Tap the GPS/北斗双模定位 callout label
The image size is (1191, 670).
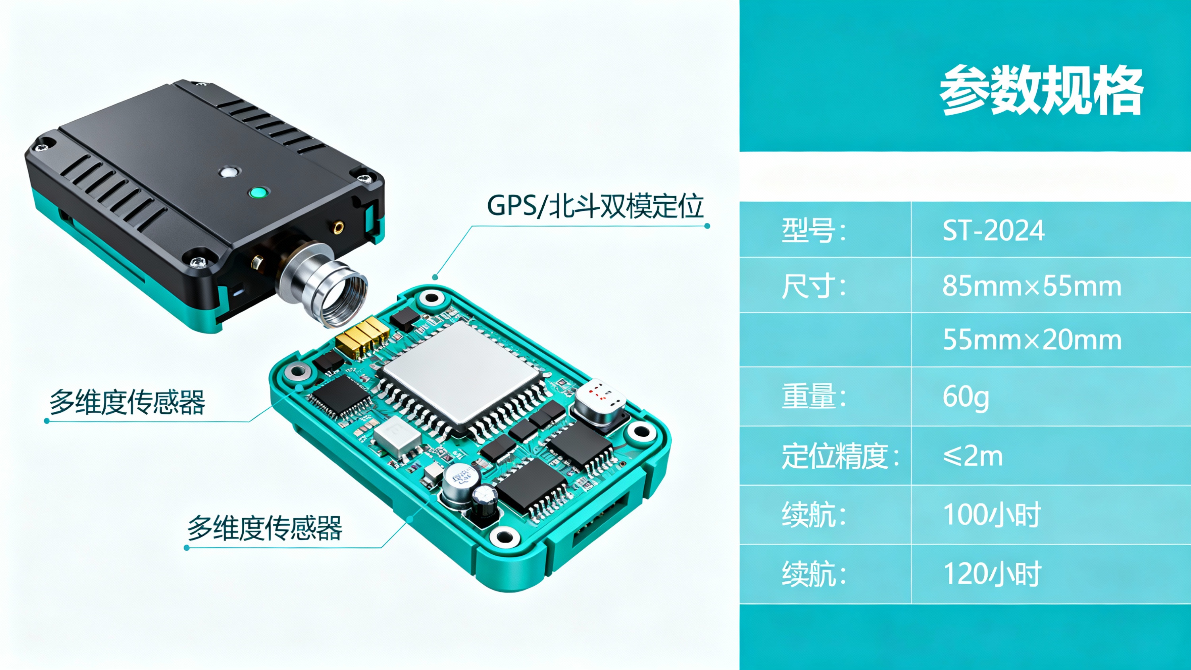click(595, 206)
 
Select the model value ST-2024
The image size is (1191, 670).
click(993, 230)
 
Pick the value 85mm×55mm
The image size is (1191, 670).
click(1032, 286)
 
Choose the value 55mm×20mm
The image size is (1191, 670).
click(1032, 340)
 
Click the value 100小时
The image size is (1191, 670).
click(991, 515)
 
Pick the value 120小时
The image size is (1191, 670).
click(991, 574)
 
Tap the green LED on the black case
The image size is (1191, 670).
click(258, 192)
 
